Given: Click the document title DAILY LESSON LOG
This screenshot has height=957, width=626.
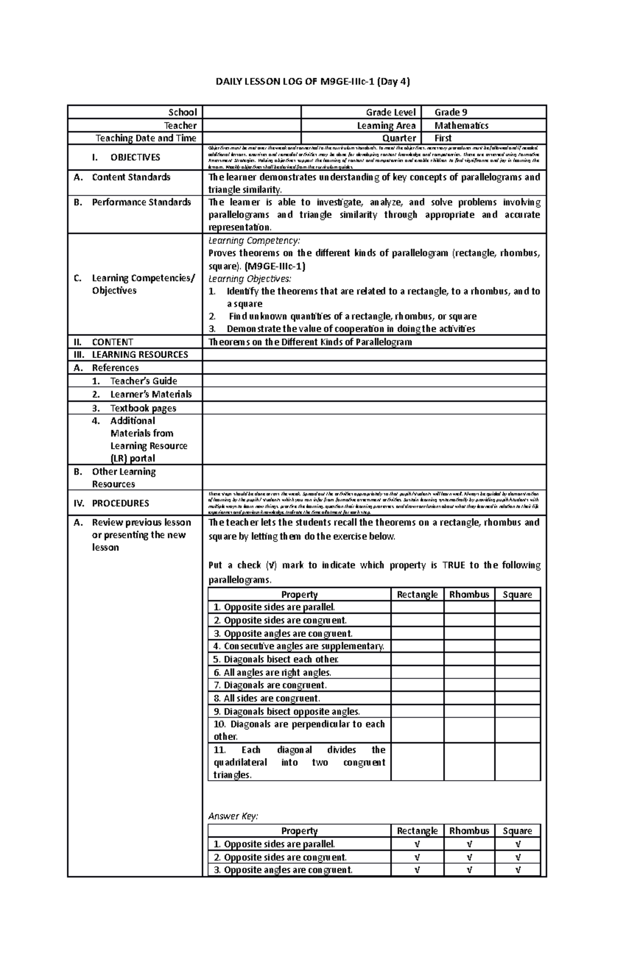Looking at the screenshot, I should [313, 81].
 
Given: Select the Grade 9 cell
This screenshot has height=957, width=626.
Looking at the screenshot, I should [451, 112].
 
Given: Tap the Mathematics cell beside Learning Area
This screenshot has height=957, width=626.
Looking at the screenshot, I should [461, 125].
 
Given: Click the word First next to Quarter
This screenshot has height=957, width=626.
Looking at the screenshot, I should [443, 138].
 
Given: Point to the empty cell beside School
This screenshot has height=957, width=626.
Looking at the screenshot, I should [251, 112].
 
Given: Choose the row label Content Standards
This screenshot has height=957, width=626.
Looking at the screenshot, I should [131, 177].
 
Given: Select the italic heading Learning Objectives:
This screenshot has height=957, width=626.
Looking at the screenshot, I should [250, 278].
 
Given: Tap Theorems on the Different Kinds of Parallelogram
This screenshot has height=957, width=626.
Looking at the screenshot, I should [310, 342].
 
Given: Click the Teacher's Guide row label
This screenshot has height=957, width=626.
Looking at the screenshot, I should [143, 381].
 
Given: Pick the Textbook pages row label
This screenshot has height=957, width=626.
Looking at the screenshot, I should [143, 408].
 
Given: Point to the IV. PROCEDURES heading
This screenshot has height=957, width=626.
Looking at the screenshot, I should [120, 503].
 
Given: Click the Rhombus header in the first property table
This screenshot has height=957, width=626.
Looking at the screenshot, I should [469, 595].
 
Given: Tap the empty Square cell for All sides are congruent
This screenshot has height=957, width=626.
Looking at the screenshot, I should [517, 698].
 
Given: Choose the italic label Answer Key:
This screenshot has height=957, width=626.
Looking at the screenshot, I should [233, 816].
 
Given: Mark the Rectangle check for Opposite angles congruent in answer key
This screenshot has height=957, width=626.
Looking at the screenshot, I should [417, 870].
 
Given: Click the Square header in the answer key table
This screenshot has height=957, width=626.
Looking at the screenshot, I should [517, 831].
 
